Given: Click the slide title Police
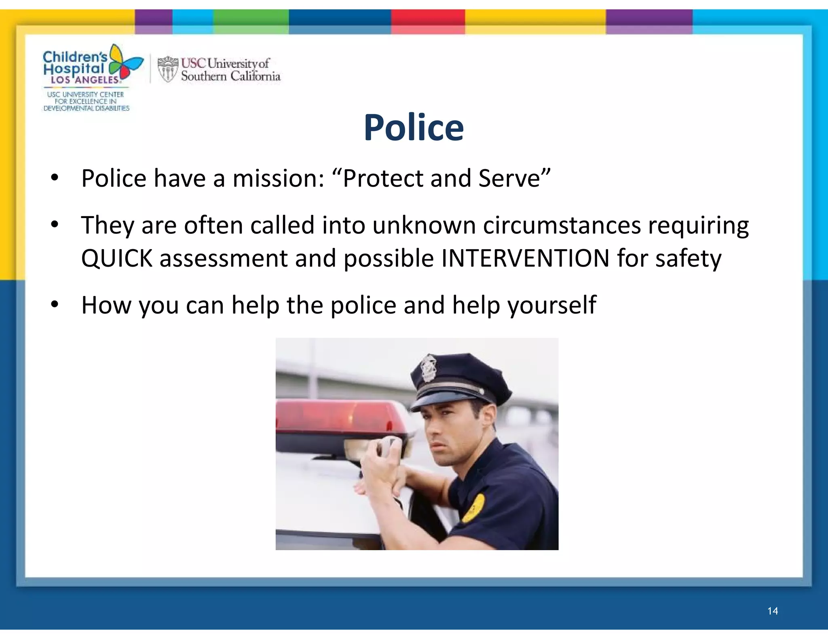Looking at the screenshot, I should (414, 128).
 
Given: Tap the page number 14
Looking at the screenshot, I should (773, 611).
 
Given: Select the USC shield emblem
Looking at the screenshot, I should (167, 69).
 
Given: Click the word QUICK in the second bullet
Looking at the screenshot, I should (116, 259).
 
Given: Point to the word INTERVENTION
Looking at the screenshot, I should (525, 259).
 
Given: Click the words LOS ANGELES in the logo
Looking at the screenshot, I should (85, 80).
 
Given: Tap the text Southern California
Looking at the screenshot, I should (230, 76).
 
